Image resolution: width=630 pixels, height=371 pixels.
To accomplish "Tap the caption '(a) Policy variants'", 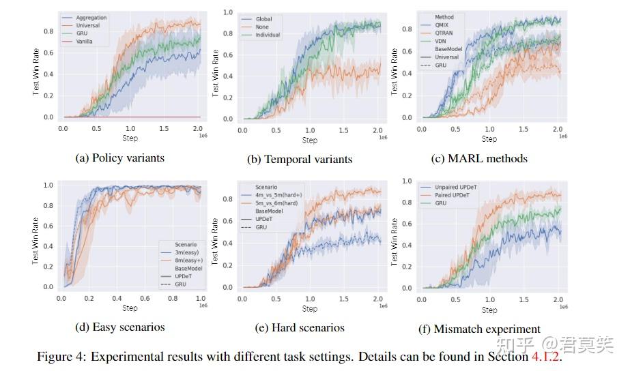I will [x=119, y=158].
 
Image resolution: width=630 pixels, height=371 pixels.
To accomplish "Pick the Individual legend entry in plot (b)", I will [x=268, y=35].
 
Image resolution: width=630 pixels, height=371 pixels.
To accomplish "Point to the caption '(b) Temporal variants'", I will [x=300, y=159].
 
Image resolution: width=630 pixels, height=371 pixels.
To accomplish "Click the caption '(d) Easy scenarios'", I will [x=119, y=327].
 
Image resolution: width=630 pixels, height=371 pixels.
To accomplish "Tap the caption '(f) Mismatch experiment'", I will [x=479, y=329].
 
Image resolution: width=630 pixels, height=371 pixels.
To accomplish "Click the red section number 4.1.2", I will [x=545, y=357].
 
